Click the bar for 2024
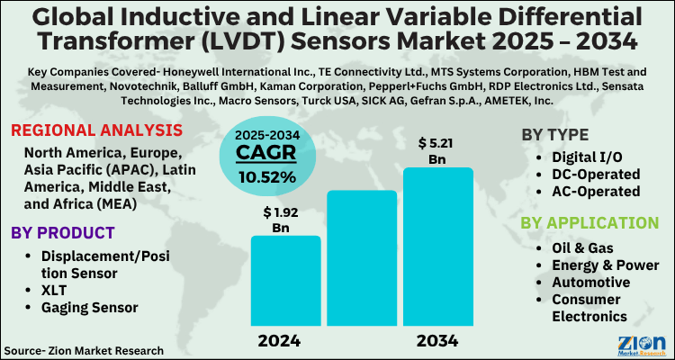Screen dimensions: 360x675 285,282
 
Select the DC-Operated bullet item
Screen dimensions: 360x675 595,174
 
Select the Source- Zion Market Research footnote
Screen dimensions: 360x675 84,349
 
